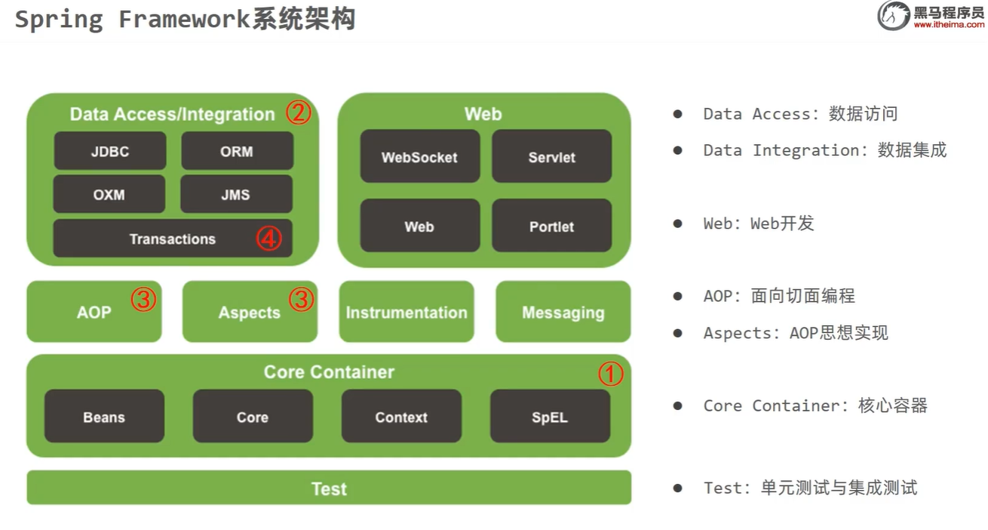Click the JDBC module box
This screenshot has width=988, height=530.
[x=110, y=150]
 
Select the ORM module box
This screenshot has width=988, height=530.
[x=238, y=150]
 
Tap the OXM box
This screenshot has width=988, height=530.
[x=109, y=194]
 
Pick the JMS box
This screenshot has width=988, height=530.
[x=236, y=194]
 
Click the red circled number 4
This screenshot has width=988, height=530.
[x=269, y=239]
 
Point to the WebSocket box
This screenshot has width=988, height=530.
[x=420, y=156]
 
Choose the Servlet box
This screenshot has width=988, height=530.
[x=552, y=156]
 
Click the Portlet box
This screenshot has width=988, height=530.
[x=552, y=225]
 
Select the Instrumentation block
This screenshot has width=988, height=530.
[x=407, y=311]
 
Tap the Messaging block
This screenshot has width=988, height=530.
[x=563, y=311]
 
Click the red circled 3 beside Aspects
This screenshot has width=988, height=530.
[x=302, y=299]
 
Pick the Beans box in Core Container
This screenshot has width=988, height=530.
[x=105, y=416]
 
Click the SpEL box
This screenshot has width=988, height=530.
[x=551, y=416]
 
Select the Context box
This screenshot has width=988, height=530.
[x=402, y=416]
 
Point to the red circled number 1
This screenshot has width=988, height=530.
[x=611, y=374]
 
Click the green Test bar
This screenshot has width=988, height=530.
[x=329, y=488]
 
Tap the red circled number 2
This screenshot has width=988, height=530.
[x=299, y=112]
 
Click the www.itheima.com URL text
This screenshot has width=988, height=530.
[x=949, y=25]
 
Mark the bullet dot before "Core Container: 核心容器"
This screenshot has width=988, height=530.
[x=678, y=405]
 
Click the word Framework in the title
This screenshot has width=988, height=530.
[x=184, y=20]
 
